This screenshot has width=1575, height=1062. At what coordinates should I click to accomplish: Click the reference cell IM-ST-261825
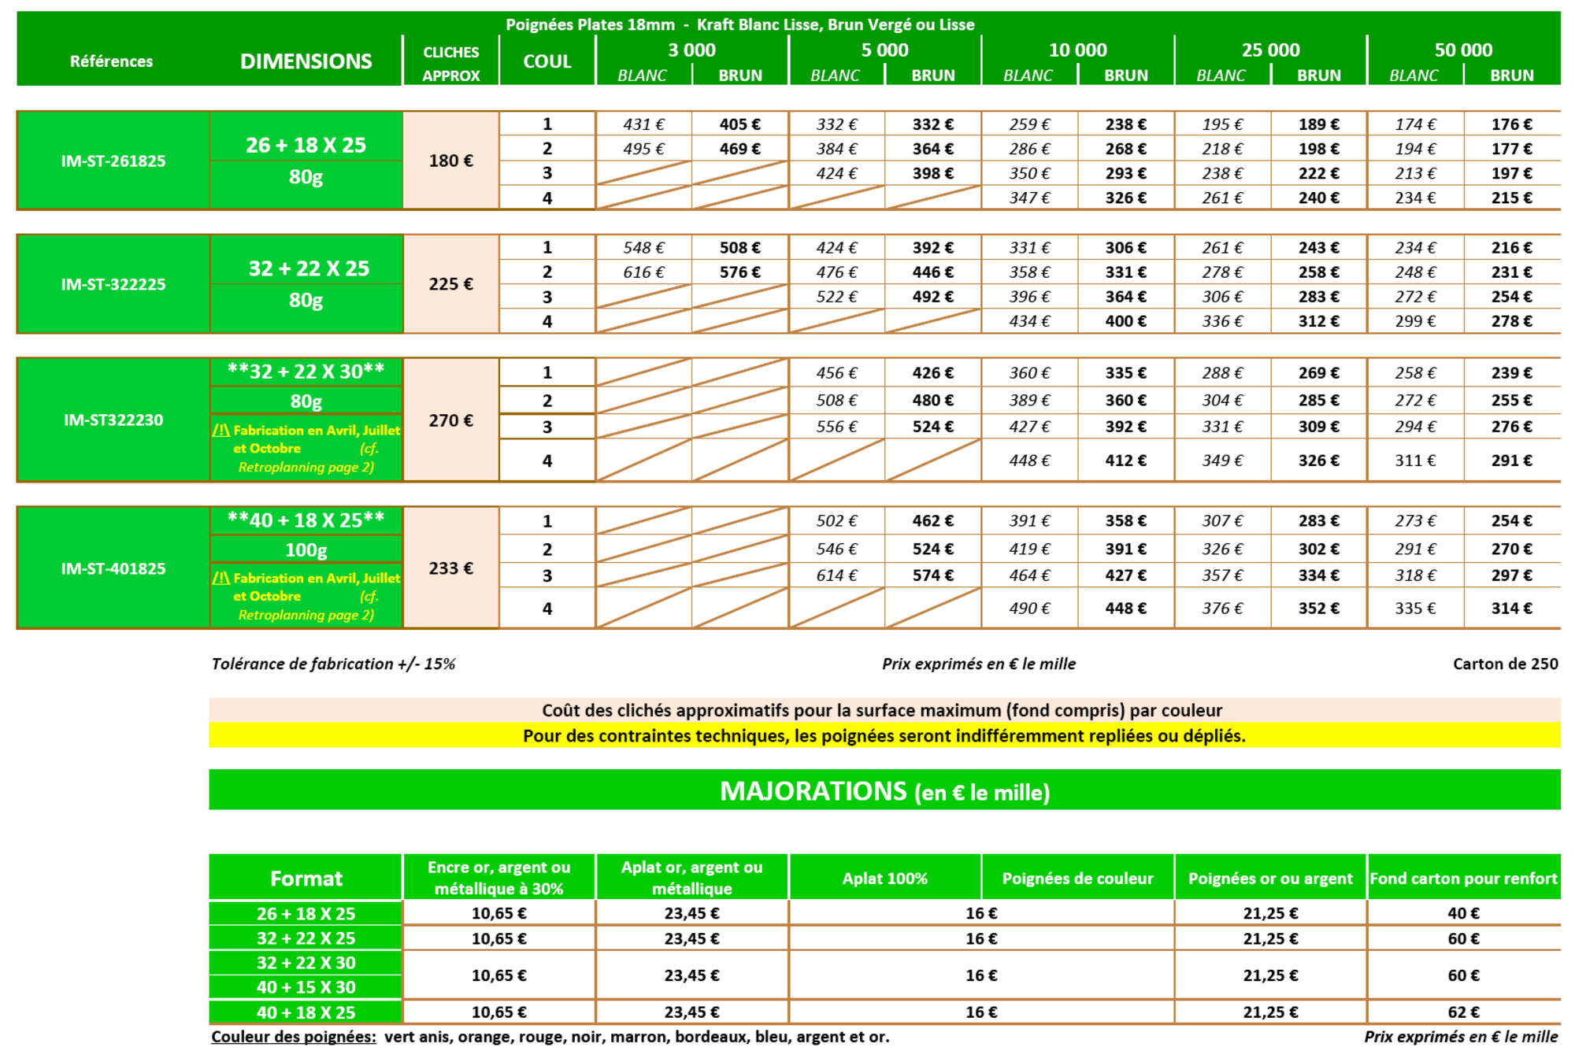coord(113,161)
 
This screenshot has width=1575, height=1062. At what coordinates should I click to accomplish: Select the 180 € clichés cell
coord(450,161)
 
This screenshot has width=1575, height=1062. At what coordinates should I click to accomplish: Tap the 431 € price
coord(643,124)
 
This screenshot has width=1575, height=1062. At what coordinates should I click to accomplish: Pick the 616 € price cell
coord(643,272)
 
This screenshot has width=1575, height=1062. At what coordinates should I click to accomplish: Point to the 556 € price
coord(836,427)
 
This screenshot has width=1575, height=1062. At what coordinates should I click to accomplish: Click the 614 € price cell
coord(836,575)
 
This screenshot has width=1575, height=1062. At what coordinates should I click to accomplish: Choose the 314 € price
coord(1511,609)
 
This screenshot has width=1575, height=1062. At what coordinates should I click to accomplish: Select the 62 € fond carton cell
coord(1463,1012)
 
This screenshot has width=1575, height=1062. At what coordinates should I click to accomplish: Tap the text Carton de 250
coord(1505,664)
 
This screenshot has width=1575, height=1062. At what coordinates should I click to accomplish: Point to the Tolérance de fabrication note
coord(333,664)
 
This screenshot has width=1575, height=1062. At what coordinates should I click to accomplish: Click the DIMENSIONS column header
coord(306,61)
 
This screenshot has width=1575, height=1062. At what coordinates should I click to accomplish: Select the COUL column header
coord(547,61)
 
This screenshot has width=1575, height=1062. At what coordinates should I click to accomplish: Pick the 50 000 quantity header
coord(1463,50)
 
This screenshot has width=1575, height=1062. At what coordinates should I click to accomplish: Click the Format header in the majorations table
coord(306,879)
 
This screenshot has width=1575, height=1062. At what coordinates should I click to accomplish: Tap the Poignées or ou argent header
coord(1270,879)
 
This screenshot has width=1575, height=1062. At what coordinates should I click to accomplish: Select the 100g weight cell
coord(306,550)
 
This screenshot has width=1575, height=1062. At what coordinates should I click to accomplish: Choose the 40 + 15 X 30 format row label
coord(306,987)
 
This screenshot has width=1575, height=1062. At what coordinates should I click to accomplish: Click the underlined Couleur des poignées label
coord(293,1037)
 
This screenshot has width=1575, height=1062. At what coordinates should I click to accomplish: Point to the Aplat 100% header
coord(884,879)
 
